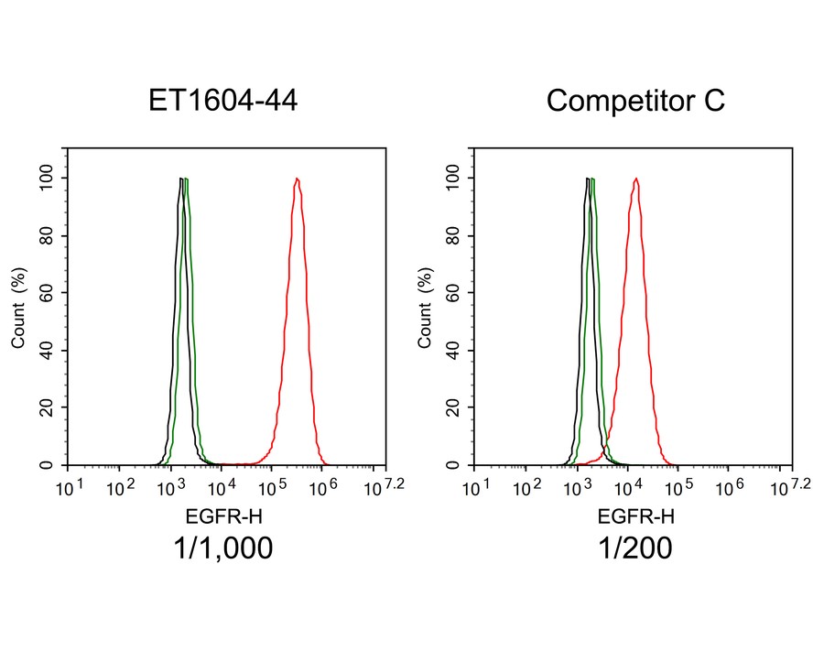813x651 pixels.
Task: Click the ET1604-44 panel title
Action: pos(222,101)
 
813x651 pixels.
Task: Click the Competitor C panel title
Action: pos(635,101)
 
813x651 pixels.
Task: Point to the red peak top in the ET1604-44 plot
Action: pos(297,179)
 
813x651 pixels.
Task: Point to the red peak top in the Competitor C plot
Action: pos(635,179)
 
